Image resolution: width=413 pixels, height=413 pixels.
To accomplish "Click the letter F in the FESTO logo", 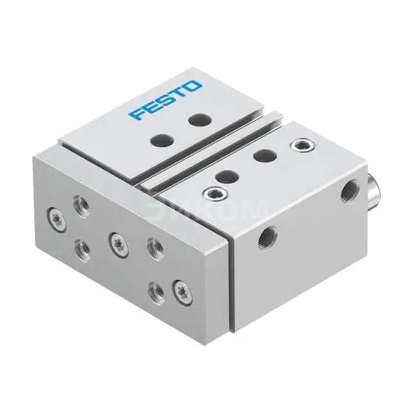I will tap(136, 114).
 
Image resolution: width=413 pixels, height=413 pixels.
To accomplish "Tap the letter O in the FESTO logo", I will tap(193, 86).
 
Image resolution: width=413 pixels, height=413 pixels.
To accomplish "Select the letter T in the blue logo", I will tap(179, 93).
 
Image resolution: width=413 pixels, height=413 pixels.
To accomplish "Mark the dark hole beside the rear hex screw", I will tap(262, 155).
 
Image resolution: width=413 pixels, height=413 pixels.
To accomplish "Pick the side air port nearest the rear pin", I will tap(348, 190).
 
